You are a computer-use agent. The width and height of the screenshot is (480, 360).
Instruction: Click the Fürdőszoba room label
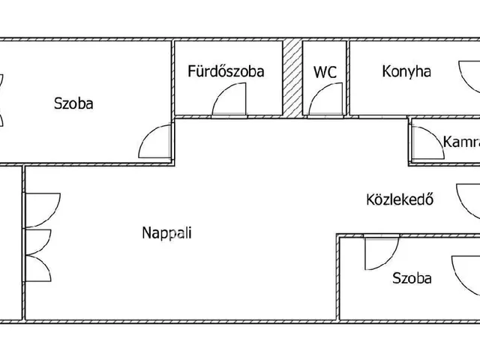tap(226, 71)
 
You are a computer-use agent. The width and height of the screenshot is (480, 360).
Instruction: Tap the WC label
tap(325, 72)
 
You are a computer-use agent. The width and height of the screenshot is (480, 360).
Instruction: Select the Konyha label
tap(406, 71)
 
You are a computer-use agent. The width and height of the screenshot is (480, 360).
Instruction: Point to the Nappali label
tap(166, 232)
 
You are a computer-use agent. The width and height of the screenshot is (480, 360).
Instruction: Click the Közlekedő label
tap(400, 199)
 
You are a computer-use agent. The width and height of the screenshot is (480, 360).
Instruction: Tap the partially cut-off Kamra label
tap(461, 142)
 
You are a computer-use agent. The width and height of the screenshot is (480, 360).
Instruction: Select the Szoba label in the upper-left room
tap(73, 103)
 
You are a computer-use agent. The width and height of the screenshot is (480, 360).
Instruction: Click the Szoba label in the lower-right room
tap(412, 278)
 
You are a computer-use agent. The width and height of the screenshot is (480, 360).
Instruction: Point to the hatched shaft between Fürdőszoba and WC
tap(292, 78)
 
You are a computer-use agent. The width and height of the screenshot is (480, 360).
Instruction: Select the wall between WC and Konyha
tap(348, 78)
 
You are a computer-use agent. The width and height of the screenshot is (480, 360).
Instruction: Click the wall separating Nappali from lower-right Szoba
tap(338, 277)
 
